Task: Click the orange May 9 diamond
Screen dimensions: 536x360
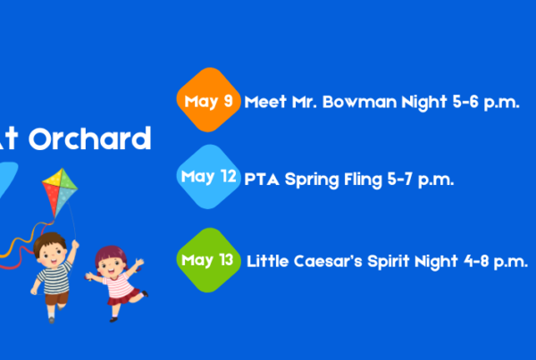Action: pyautogui.click(x=208, y=100)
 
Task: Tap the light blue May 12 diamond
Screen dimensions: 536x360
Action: pyautogui.click(x=208, y=176)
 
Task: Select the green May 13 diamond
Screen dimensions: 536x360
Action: pyautogui.click(x=208, y=260)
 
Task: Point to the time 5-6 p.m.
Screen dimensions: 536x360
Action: pyautogui.click(x=486, y=102)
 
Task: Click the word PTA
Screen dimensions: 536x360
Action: pyautogui.click(x=262, y=180)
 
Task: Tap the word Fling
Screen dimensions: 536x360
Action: pyautogui.click(x=363, y=180)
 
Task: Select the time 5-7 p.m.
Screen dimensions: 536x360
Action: pyautogui.click(x=421, y=180)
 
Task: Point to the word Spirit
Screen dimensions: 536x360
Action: pyautogui.click(x=389, y=262)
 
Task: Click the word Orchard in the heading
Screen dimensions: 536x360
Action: pyautogui.click(x=90, y=138)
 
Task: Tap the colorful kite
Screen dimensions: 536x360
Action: pyautogui.click(x=60, y=191)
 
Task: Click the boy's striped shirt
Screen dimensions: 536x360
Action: pyautogui.click(x=54, y=278)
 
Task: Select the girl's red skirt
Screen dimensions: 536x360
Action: pyautogui.click(x=123, y=297)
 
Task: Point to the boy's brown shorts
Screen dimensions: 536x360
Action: pyautogui.click(x=57, y=298)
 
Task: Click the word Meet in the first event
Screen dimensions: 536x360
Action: pyautogui.click(x=265, y=102)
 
